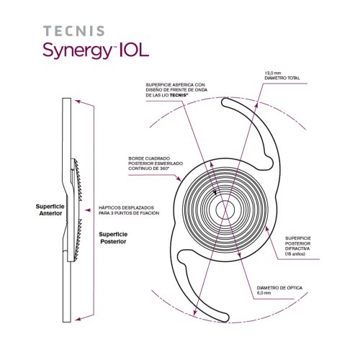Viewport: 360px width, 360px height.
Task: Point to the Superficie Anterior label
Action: [49, 210]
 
